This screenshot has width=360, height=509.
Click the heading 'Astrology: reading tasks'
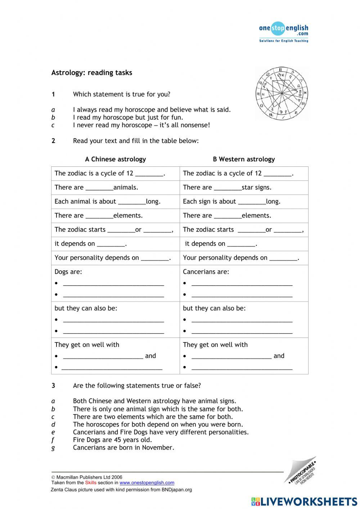click(x=92, y=73)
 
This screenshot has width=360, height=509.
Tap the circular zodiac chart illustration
click(x=282, y=93)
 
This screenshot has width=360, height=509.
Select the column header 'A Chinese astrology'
click(x=115, y=159)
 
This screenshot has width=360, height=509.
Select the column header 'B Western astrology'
click(x=244, y=159)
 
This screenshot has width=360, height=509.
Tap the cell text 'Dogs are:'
click(x=68, y=272)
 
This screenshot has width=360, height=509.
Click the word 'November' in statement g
click(x=158, y=448)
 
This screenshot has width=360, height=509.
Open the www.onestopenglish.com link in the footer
click(x=147, y=483)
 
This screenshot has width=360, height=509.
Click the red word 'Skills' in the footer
click(x=91, y=483)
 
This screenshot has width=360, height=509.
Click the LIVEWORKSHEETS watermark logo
click(x=304, y=501)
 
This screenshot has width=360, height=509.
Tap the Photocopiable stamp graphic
click(x=301, y=471)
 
